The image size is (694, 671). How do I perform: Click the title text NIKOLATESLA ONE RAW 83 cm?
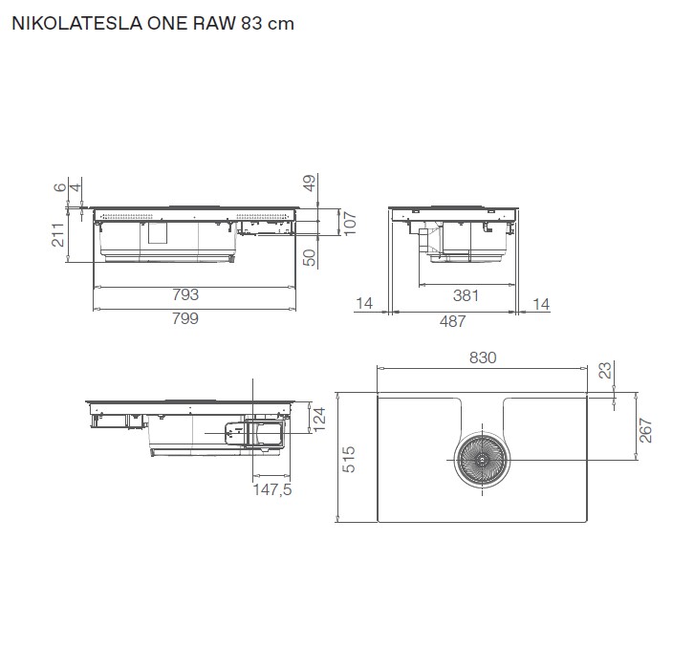click(x=151, y=25)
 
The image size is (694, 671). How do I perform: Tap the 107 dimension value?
click(x=350, y=222)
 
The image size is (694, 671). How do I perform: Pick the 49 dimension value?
click(x=309, y=184)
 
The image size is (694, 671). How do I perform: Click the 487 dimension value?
click(x=452, y=321)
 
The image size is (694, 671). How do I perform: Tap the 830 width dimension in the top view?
click(x=483, y=357)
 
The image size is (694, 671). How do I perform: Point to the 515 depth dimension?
click(x=350, y=460)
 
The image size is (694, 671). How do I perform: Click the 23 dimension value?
click(x=604, y=371)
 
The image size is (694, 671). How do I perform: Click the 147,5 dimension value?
click(x=271, y=490)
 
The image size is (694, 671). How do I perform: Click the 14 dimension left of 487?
click(x=363, y=304)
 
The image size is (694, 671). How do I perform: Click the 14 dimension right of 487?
click(x=541, y=304)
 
